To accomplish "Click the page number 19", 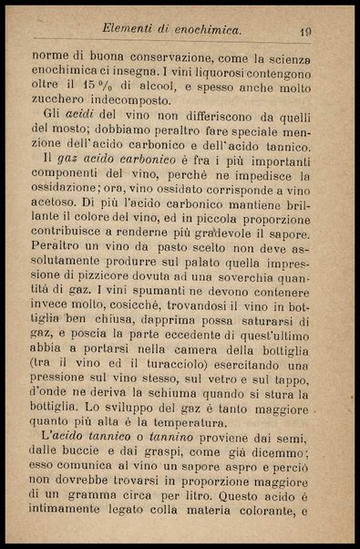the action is pos(304,32).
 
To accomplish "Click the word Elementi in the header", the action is pos(134,30).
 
